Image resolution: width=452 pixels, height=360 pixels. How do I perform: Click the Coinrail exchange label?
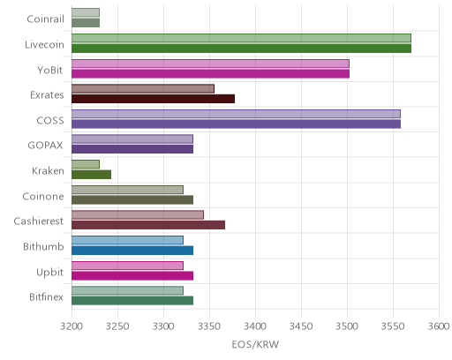pyautogui.click(x=45, y=19)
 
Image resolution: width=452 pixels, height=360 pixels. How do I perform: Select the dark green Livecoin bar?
pyautogui.click(x=241, y=49)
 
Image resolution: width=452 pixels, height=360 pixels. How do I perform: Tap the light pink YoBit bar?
pyautogui.click(x=210, y=64)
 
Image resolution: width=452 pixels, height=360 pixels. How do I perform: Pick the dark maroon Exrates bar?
pyautogui.click(x=153, y=99)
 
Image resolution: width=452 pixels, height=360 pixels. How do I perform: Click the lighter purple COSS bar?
pyautogui.click(x=236, y=114)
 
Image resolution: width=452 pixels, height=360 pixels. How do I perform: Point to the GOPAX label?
pyautogui.click(x=45, y=146)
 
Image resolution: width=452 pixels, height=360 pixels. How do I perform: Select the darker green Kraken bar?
pyautogui.click(x=91, y=175)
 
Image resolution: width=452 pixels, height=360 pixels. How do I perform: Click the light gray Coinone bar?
pyautogui.click(x=127, y=190)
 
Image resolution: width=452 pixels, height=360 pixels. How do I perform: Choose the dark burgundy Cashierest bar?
pyautogui.click(x=148, y=225)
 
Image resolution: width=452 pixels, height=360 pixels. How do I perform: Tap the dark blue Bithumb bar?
pyautogui.click(x=132, y=251)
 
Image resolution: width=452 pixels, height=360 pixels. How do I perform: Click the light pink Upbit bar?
pyautogui.click(x=127, y=266)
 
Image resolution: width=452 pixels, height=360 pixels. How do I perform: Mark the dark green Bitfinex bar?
pyautogui.click(x=132, y=301)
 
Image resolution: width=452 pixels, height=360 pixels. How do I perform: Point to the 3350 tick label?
pyautogui.click(x=209, y=326)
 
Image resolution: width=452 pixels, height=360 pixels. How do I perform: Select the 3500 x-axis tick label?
pyautogui.click(x=347, y=326)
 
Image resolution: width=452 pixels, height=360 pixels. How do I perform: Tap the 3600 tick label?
pyautogui.click(x=439, y=326)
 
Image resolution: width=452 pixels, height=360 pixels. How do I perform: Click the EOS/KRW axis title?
pyautogui.click(x=255, y=344)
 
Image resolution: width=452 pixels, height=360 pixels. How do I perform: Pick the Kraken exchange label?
pyautogui.click(x=48, y=171)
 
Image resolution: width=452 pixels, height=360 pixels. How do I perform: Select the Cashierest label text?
pyautogui.click(x=39, y=221)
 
